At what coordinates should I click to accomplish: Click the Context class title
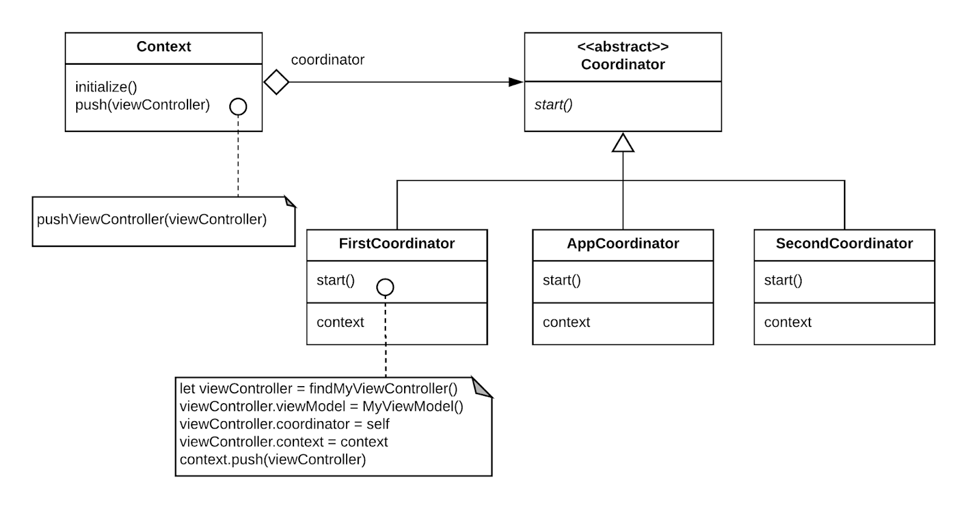click(x=163, y=47)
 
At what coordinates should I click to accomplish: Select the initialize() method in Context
click(x=106, y=87)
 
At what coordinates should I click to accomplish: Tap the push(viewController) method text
click(x=142, y=105)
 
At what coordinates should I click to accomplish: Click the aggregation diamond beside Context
click(x=276, y=82)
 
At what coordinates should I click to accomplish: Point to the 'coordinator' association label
click(x=327, y=60)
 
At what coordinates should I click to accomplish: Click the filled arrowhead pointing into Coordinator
click(x=515, y=82)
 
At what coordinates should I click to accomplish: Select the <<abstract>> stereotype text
click(x=623, y=47)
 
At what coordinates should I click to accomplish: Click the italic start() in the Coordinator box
click(x=553, y=105)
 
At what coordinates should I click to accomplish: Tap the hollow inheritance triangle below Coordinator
click(x=623, y=143)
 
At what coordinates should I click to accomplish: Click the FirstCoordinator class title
click(x=396, y=243)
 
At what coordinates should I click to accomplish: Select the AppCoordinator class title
click(x=623, y=243)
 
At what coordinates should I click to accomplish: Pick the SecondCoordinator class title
click(x=844, y=243)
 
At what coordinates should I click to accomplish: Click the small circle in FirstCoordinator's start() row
click(x=385, y=287)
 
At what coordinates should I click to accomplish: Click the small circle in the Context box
click(x=238, y=107)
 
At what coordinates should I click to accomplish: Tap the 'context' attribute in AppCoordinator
click(x=566, y=322)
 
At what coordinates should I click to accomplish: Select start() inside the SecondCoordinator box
click(x=783, y=280)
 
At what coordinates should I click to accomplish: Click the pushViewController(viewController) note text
click(x=151, y=219)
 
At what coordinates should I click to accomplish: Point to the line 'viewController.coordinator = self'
click(x=284, y=424)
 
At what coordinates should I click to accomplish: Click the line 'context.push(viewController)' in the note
click(x=272, y=459)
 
